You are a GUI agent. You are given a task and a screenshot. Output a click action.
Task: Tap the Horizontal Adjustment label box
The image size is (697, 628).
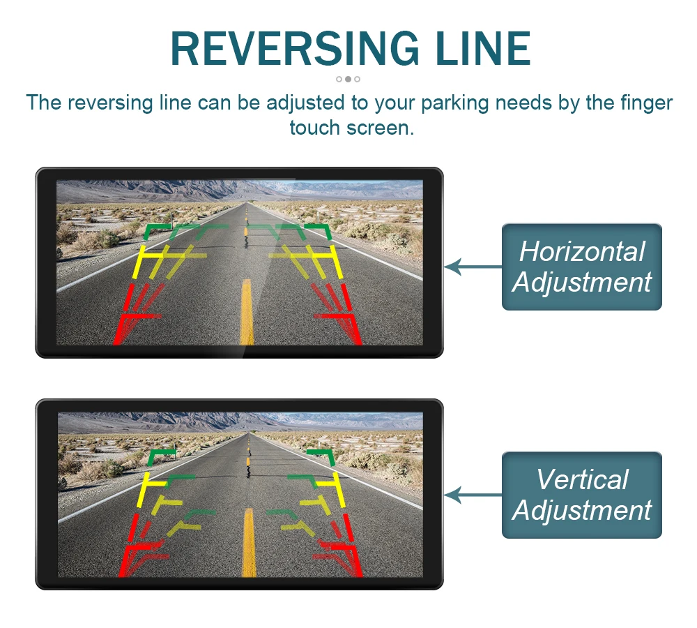coord(581,267)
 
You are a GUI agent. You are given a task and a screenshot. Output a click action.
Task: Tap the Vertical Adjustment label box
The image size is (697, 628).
coord(581,495)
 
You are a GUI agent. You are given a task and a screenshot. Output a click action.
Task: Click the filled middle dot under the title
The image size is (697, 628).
coord(348,79)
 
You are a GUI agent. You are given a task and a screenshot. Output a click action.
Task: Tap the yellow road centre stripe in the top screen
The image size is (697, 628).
coord(247,311)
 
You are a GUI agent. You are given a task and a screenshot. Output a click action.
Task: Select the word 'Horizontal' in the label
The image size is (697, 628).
coord(582,251)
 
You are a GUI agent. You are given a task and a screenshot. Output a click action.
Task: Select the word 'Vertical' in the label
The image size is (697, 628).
coord(582,480)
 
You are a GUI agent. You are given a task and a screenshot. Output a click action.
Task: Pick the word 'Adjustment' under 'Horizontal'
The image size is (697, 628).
coord(582,283)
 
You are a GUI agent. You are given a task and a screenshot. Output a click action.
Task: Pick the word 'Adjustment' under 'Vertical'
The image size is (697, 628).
coord(582,511)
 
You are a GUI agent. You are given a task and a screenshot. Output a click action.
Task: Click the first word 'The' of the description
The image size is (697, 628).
coord(44,103)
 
